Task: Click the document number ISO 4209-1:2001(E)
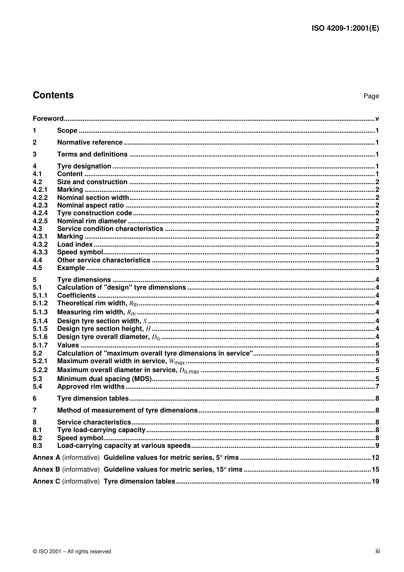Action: point(345,28)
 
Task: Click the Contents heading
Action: point(53,95)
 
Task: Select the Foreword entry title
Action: point(48,119)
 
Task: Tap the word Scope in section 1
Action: point(67,131)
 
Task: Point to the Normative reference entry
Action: point(90,142)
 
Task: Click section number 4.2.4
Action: point(40,213)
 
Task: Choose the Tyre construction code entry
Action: point(94,213)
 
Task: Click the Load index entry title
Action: point(75,245)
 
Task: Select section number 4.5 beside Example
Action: point(37,268)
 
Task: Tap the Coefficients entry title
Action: point(77,296)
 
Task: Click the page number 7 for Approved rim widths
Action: point(377,387)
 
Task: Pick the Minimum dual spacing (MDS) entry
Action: point(104,379)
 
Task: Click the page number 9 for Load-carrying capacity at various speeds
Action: point(377,446)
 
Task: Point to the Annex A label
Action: point(46,458)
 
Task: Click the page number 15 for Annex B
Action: point(375,470)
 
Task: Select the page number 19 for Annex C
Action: point(375,481)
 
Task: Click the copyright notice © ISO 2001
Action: point(72,552)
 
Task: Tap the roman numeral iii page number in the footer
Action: point(377,551)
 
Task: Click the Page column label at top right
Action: point(371,96)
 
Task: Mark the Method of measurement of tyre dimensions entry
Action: point(127,410)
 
